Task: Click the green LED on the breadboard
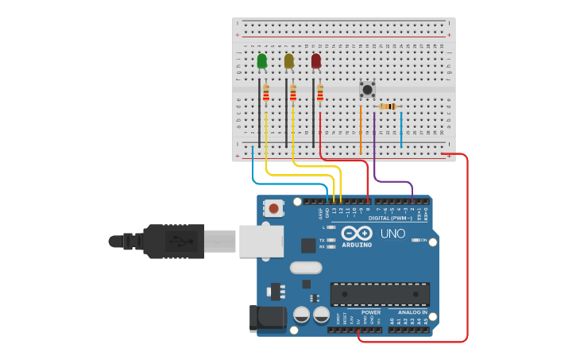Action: point(262,61)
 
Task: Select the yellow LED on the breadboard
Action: point(289,61)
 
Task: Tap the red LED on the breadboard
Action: point(316,61)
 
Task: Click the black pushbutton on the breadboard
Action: point(367,89)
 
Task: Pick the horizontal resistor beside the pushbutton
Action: point(387,106)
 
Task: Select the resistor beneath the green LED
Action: point(266,93)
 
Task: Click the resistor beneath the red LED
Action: point(320,93)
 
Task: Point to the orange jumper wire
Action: point(361,127)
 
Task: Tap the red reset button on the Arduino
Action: point(274,209)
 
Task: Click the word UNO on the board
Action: point(392,234)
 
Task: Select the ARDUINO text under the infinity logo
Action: point(357,245)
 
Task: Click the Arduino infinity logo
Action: point(357,234)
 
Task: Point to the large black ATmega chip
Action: point(380,294)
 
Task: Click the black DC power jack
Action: point(267,318)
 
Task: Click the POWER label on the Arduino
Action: point(370,312)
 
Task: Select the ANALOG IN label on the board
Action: point(413,312)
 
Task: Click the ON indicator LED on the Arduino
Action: point(415,240)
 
